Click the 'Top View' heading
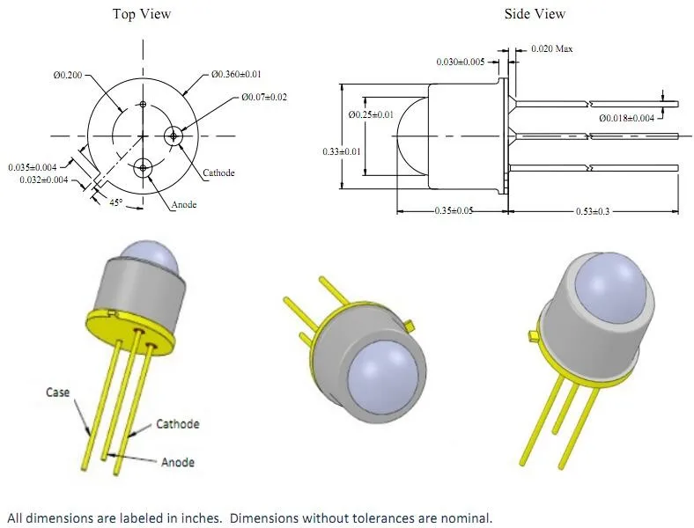tap(141, 14)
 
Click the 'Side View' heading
tap(535, 14)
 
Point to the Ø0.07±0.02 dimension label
tap(264, 97)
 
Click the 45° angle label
tap(114, 202)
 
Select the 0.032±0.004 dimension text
tap(45, 180)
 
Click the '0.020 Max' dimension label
tap(552, 49)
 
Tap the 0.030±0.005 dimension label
tap(460, 62)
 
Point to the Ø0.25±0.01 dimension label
tap(371, 115)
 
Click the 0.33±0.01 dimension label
tap(341, 152)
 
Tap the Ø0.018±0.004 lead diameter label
tap(627, 118)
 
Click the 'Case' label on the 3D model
tap(58, 392)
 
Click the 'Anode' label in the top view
tap(184, 204)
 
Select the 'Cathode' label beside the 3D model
tap(177, 424)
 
